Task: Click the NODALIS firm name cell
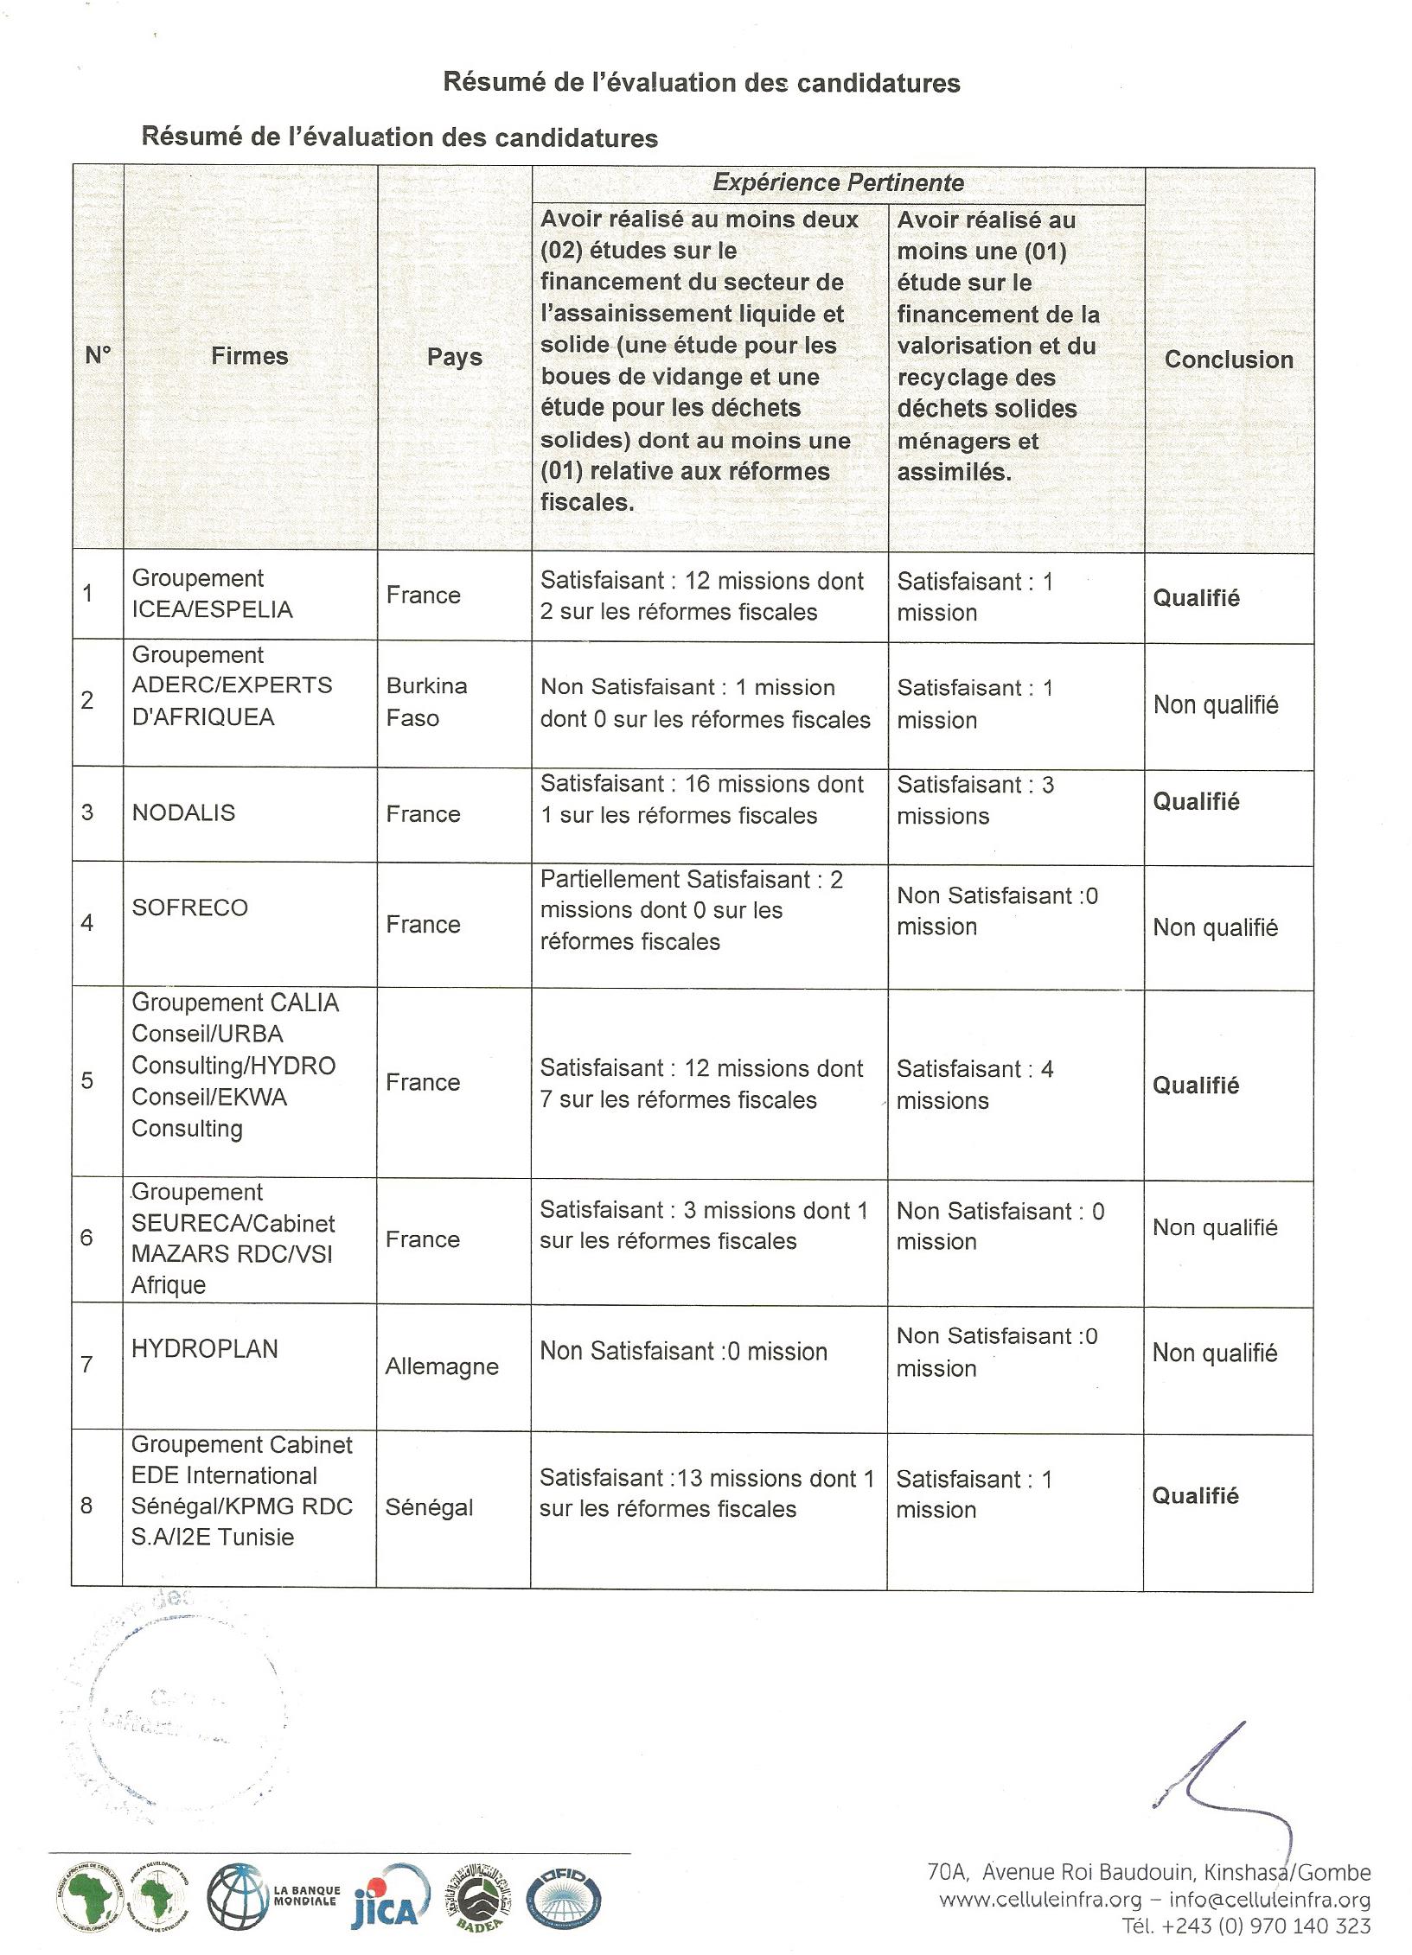click(183, 812)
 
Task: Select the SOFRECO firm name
click(189, 907)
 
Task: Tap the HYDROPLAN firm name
click(205, 1348)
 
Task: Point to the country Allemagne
click(442, 1366)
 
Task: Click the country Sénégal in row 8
click(429, 1507)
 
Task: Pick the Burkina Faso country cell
click(426, 702)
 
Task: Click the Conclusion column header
click(1229, 360)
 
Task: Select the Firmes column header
click(249, 356)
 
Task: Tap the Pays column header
click(454, 357)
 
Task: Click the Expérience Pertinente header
click(838, 183)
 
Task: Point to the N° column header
click(98, 355)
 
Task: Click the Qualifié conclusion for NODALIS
click(1196, 802)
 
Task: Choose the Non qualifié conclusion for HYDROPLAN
click(1215, 1353)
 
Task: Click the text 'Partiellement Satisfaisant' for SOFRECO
click(675, 880)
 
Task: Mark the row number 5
click(87, 1081)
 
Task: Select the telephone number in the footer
click(1246, 1926)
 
